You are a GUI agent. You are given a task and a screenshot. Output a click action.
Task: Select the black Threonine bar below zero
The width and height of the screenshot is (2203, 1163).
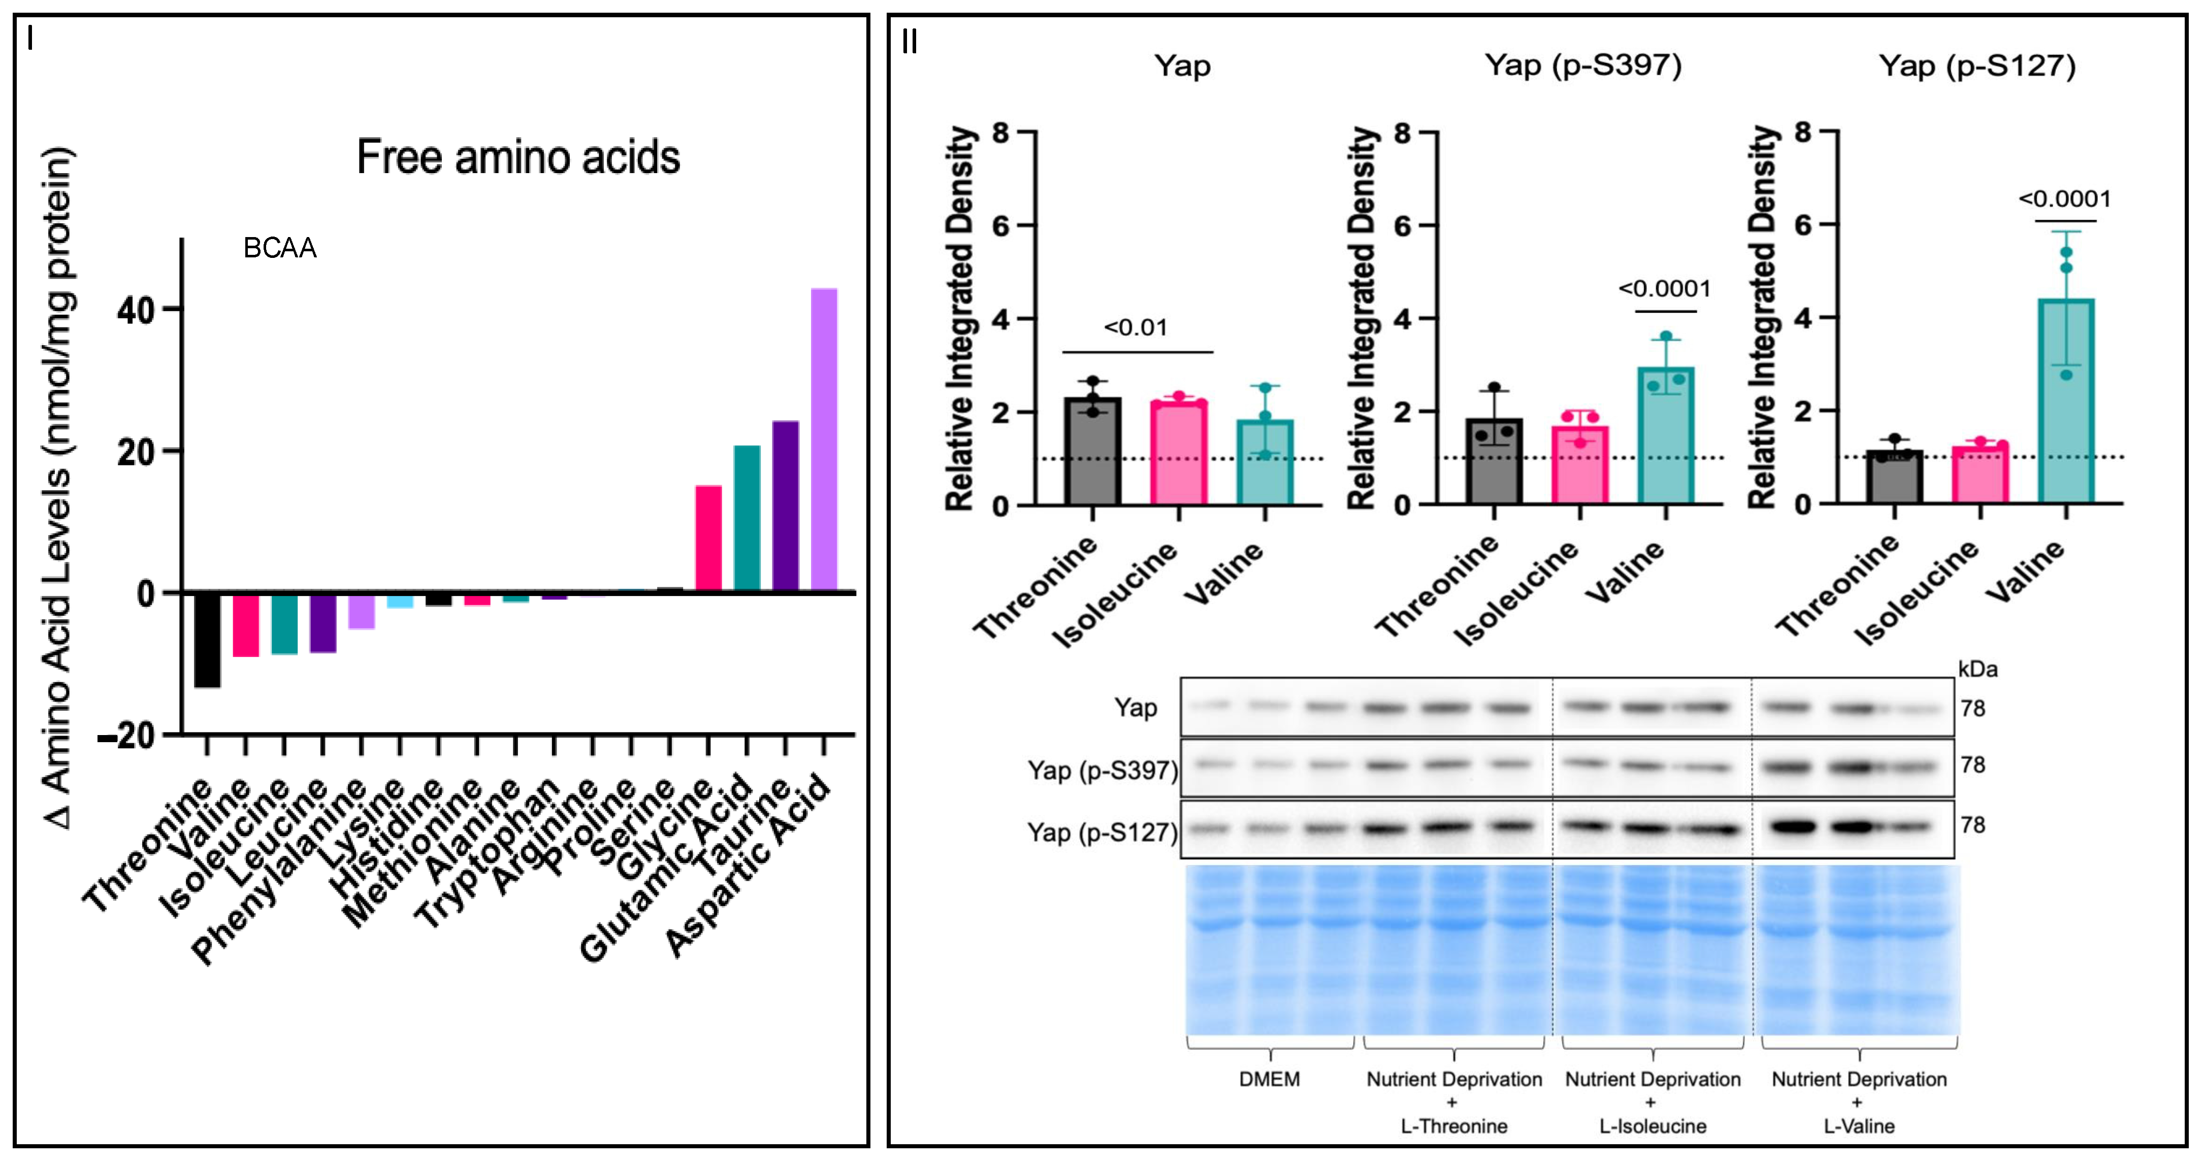click(x=207, y=640)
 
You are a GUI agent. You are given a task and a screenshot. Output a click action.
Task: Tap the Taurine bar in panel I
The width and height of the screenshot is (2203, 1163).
click(x=785, y=506)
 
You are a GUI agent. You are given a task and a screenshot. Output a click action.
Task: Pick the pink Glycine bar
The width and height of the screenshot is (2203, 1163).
click(x=708, y=538)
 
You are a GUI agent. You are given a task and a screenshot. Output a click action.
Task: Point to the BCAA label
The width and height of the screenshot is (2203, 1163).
click(x=280, y=248)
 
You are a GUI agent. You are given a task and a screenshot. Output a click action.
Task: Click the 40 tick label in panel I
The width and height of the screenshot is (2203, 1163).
click(x=137, y=310)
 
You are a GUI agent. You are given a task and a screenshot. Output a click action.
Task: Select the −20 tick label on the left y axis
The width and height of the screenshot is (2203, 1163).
click(x=126, y=736)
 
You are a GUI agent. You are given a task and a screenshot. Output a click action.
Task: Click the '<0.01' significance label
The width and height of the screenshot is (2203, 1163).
click(x=1135, y=327)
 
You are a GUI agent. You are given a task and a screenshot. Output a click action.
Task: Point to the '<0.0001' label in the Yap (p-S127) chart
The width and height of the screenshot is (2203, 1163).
click(x=2064, y=200)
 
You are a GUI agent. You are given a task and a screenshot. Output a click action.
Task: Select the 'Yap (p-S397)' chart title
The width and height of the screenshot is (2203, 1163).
click(x=1583, y=65)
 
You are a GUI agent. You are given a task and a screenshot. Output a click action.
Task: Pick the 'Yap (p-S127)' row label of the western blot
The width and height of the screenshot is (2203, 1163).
click(x=1101, y=832)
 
